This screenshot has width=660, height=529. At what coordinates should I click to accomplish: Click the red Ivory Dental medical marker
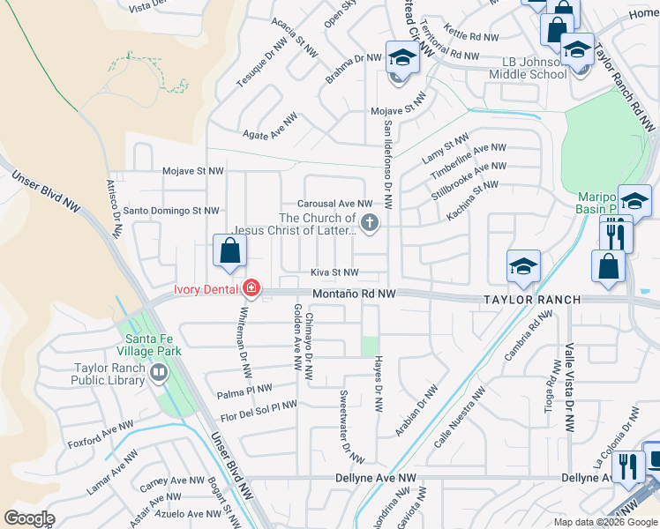click(x=251, y=288)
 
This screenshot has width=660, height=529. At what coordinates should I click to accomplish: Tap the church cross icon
click(x=371, y=224)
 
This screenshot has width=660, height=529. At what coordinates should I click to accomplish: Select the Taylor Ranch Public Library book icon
click(x=159, y=373)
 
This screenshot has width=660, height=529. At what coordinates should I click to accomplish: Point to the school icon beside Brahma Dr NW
click(x=401, y=60)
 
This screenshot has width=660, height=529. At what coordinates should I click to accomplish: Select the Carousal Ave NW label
click(x=335, y=203)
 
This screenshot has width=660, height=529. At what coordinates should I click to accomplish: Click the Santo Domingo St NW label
click(x=171, y=211)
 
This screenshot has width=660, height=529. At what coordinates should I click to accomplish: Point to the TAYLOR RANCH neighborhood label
click(x=531, y=300)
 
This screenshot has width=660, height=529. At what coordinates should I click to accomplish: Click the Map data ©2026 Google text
click(x=604, y=522)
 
